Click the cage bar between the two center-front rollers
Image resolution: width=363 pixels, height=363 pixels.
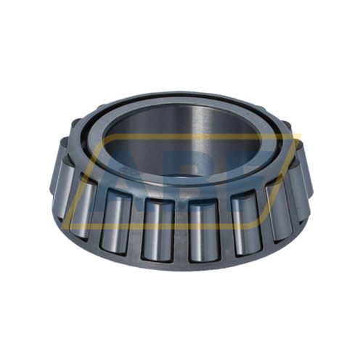tap(181, 230)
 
